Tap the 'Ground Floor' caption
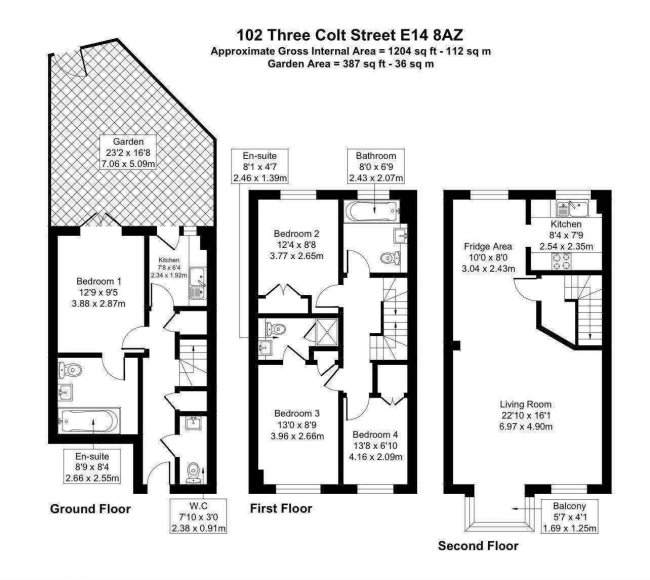pos(90,508)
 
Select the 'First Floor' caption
pos(280,508)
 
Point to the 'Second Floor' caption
pos(478,546)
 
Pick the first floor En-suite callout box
pos(260,167)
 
